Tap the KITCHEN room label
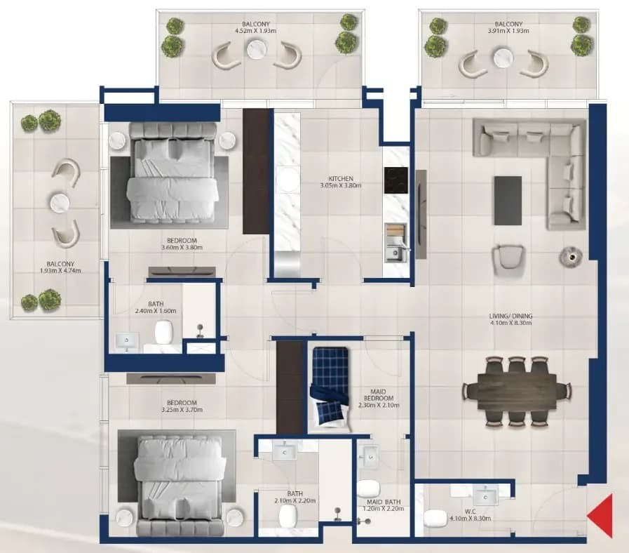tap(341, 178)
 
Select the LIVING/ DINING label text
tap(511, 316)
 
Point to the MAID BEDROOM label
tap(379, 395)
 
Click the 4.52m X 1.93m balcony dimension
tap(255, 30)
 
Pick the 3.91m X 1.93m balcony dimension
tap(508, 30)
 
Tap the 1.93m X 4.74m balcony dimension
tap(60, 271)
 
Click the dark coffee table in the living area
tap(508, 201)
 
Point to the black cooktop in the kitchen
tap(396, 180)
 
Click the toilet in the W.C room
tap(435, 518)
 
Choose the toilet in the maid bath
tap(368, 488)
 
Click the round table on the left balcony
tap(60, 202)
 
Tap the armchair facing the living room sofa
tap(508, 259)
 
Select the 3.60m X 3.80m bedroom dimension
tap(182, 248)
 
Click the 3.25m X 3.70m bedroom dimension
tap(182, 410)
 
